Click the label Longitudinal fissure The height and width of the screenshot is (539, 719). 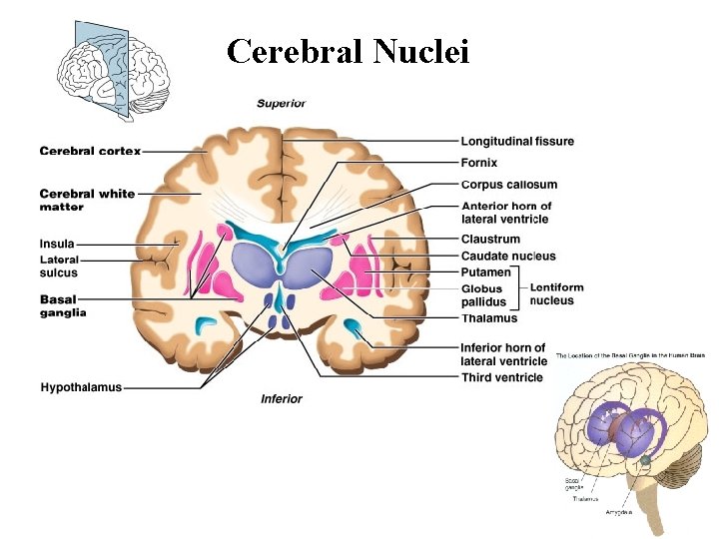click(517, 142)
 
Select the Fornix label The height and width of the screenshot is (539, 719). click(479, 163)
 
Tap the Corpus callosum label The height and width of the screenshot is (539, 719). click(509, 185)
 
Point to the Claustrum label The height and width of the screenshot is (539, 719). click(490, 240)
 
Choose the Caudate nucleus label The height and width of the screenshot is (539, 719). click(508, 257)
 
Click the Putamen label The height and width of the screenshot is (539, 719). click(485, 271)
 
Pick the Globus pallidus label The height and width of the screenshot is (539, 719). click(483, 295)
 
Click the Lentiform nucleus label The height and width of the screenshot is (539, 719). click(556, 293)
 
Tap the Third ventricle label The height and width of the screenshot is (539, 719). click(502, 377)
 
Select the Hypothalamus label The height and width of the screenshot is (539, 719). click(81, 387)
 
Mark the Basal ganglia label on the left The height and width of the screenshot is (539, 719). click(63, 305)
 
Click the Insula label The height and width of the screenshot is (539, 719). click(57, 243)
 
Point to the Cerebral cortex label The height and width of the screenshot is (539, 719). click(90, 151)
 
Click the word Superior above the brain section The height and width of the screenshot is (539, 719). click(281, 103)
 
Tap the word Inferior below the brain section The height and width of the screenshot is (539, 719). click(281, 399)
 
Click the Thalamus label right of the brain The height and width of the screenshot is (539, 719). click(489, 318)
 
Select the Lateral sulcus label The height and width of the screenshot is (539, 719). click(59, 267)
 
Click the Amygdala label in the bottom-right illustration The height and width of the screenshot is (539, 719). click(618, 512)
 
